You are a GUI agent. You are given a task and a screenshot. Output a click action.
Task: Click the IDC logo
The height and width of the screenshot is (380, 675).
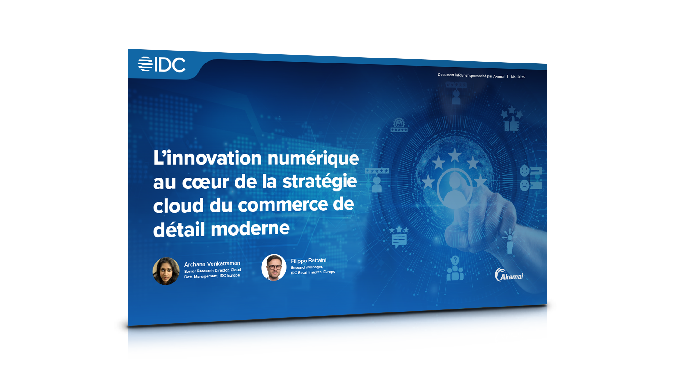(162, 64)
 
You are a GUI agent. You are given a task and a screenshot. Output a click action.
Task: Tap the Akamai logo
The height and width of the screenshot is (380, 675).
(509, 275)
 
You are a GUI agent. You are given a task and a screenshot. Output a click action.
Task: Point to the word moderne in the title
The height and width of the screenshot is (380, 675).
(250, 228)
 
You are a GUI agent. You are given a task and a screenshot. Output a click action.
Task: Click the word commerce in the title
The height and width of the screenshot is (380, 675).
(283, 205)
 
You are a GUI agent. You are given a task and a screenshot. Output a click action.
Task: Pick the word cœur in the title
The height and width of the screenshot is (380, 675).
(206, 182)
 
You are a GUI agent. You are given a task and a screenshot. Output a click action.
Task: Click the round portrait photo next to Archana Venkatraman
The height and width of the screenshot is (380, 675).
(166, 271)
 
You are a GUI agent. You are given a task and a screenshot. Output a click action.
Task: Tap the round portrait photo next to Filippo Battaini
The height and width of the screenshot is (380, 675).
(274, 267)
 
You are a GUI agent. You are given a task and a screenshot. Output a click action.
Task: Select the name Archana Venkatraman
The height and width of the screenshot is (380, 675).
(212, 264)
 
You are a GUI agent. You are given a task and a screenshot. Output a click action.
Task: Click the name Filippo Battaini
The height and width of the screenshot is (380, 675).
(308, 261)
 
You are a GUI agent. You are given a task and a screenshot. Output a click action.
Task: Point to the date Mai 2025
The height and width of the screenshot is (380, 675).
(518, 77)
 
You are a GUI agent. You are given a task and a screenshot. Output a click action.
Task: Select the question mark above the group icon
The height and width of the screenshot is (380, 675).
(455, 260)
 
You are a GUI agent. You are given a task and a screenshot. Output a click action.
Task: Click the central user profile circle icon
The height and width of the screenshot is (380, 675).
(455, 189)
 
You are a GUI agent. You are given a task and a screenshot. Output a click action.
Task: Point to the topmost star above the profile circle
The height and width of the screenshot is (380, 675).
(455, 155)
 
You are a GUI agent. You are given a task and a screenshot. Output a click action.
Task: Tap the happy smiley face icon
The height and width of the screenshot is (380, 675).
(524, 171)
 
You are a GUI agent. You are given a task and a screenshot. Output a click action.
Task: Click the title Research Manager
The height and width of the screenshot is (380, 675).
(307, 267)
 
